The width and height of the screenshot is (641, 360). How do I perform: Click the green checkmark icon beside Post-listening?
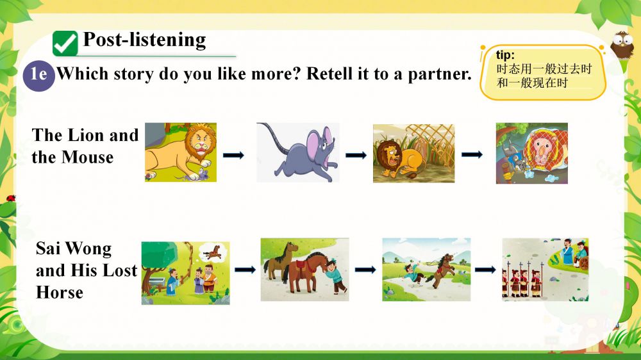point(65,44)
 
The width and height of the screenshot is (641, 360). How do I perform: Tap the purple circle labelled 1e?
point(39,76)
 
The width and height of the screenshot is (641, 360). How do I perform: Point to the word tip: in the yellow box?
point(505,55)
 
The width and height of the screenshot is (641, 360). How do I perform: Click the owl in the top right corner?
point(622,45)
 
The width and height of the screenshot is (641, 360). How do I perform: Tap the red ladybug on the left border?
point(11,199)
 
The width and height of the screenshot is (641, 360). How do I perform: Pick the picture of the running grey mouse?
point(298,152)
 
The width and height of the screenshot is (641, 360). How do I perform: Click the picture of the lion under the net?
point(532,153)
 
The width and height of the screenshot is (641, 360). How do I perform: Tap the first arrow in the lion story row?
point(233,155)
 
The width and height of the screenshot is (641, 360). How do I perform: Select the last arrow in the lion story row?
point(472,154)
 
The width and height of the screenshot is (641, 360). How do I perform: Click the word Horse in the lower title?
point(60,293)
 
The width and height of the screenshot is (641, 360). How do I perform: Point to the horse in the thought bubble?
point(213,252)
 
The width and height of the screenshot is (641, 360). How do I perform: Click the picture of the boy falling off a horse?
point(426,270)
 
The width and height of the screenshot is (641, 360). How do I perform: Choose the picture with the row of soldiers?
point(545,270)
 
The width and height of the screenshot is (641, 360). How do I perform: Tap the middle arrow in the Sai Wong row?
point(365,270)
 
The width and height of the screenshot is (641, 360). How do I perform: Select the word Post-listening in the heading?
point(145,40)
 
